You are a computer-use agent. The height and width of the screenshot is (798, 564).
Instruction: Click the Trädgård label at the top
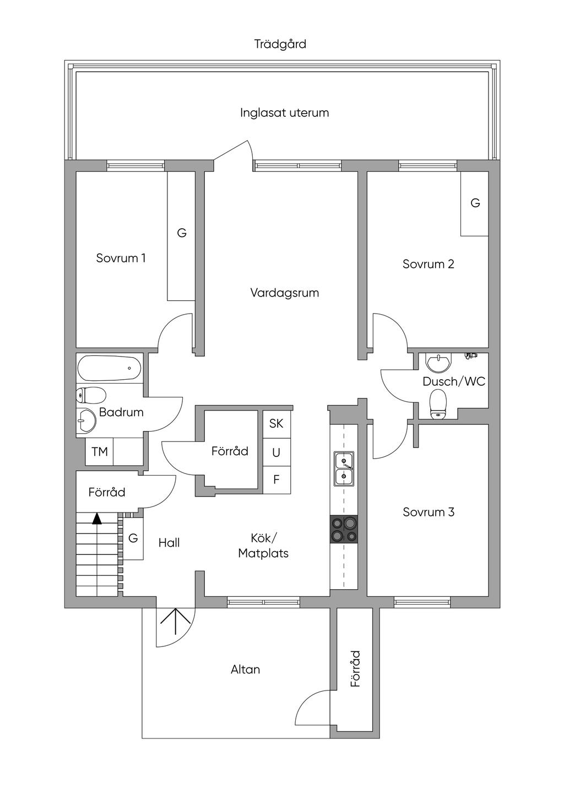tap(280, 44)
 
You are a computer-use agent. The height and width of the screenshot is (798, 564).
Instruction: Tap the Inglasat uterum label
tap(284, 113)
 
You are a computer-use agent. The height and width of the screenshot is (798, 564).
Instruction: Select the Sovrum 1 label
tap(121, 258)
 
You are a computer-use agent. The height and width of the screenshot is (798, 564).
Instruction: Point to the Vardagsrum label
tap(284, 293)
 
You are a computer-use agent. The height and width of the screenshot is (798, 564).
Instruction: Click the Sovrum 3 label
tap(428, 512)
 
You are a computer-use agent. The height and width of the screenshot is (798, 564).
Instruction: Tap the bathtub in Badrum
tap(110, 368)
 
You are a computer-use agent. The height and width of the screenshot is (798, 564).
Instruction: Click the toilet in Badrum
tap(90, 395)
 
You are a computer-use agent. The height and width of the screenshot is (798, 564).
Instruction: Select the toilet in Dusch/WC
tap(438, 404)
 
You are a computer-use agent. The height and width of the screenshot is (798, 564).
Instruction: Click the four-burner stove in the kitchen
tap(344, 529)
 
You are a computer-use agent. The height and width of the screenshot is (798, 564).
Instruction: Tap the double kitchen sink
tap(344, 468)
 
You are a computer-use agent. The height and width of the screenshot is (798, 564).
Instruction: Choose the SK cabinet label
tap(276, 424)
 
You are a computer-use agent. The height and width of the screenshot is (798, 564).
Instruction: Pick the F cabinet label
tap(276, 480)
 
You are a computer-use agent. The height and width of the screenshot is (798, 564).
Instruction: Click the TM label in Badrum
tap(99, 452)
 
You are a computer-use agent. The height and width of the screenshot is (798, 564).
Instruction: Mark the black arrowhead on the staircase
tap(97, 518)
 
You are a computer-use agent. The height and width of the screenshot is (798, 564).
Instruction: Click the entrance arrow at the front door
tap(175, 623)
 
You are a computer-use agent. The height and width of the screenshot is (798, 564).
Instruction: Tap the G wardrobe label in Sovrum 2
tap(475, 203)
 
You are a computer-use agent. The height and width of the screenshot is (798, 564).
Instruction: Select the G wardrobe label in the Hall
tap(133, 538)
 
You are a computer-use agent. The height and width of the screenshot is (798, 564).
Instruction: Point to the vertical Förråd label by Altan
tap(356, 668)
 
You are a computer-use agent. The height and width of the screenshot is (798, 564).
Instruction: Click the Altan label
tap(245, 670)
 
